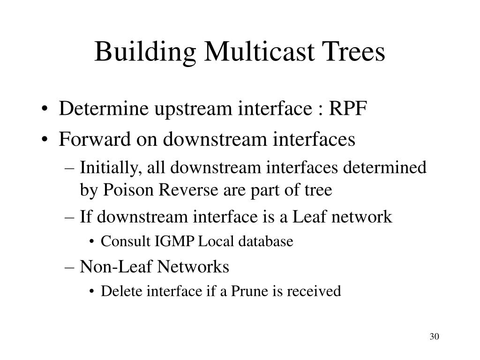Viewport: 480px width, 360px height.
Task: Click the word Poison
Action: pos(123,190)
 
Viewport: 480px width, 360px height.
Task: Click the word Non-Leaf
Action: pos(117,267)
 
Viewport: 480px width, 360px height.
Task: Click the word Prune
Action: pos(248,291)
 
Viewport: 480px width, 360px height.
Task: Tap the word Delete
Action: pos(117,291)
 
